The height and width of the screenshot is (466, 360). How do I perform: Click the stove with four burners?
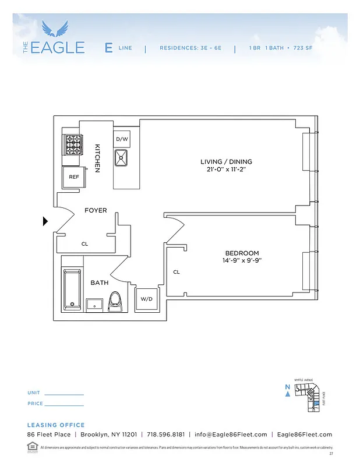tap(73, 144)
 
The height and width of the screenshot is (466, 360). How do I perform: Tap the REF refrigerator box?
tap(74, 176)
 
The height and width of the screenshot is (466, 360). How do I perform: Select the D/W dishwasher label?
tap(121, 139)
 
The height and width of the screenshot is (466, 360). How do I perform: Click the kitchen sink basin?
tap(122, 157)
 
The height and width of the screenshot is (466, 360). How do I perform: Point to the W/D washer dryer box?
tap(146, 299)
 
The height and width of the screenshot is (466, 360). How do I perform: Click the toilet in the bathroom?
tap(117, 301)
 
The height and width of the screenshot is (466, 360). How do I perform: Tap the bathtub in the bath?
tap(72, 288)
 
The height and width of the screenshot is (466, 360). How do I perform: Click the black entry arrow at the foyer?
tap(45, 221)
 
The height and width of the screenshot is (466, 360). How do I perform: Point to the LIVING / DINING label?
tap(226, 161)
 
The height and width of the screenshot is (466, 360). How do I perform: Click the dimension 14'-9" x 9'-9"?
tap(242, 261)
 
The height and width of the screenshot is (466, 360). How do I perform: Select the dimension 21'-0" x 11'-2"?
tap(226, 170)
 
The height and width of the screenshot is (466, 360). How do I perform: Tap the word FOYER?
tap(96, 210)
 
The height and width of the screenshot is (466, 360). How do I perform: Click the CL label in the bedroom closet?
tap(177, 272)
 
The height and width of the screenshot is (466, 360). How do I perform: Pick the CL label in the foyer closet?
tap(84, 244)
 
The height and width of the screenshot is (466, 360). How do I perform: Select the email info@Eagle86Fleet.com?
tap(231, 435)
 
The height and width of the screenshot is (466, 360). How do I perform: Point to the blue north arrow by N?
tap(288, 394)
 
